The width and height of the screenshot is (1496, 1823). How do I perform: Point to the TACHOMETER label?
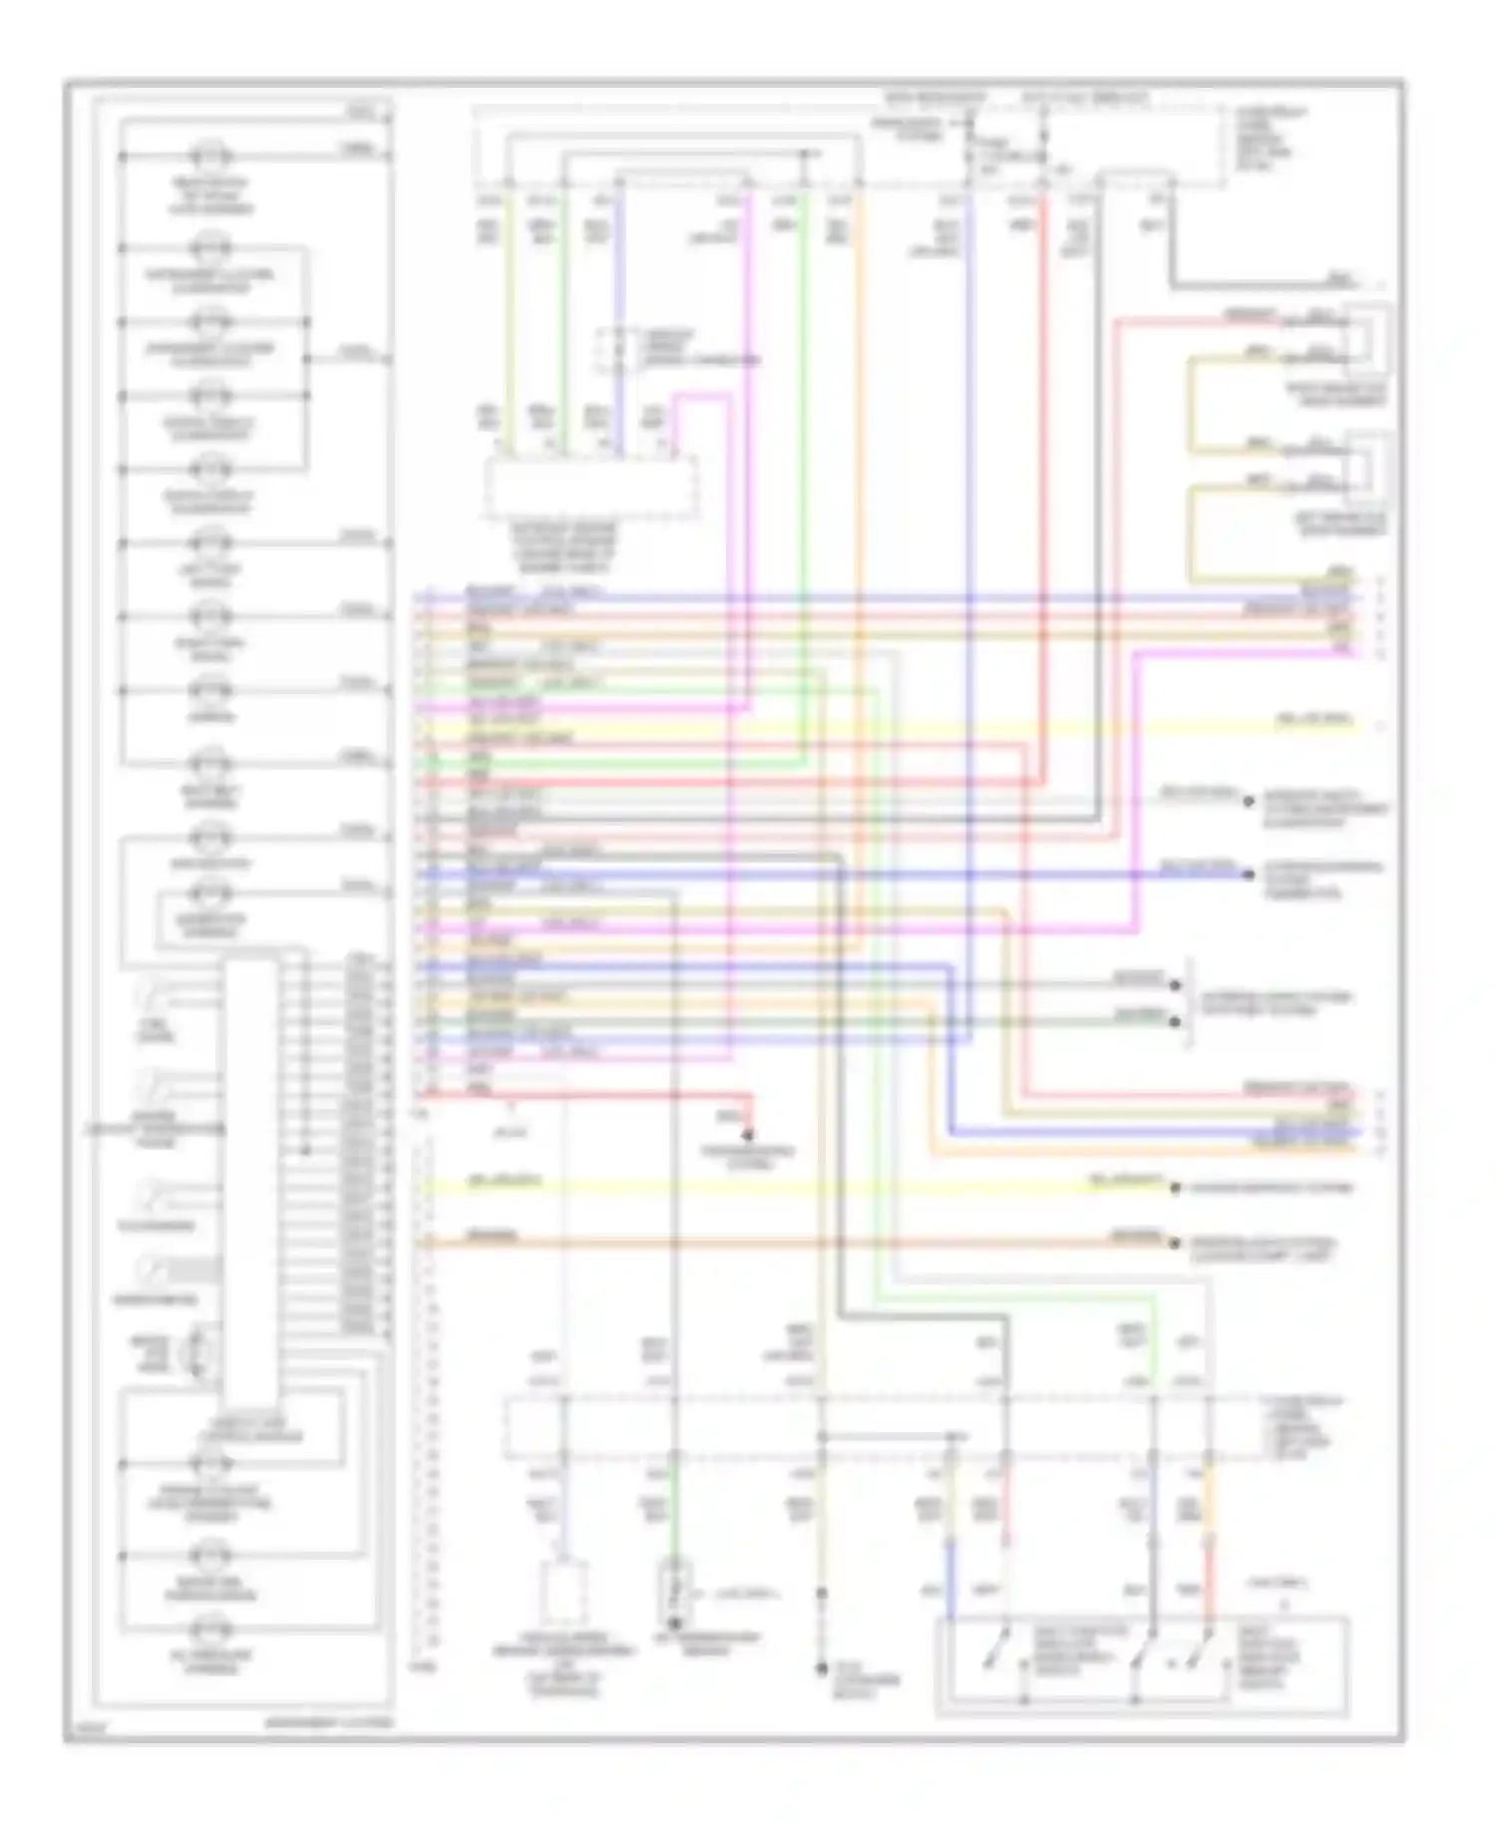[x=156, y=1226]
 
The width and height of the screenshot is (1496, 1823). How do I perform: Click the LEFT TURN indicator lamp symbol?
[x=211, y=545]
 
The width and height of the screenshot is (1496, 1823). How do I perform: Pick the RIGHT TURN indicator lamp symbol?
[x=211, y=617]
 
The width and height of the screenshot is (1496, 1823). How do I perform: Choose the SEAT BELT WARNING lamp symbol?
[x=211, y=766]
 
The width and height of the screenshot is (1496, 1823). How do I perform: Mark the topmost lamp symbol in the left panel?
[x=211, y=157]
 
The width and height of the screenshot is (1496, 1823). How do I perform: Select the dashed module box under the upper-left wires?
[x=590, y=488]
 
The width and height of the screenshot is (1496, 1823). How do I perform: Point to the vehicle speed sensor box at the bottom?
[x=563, y=1593]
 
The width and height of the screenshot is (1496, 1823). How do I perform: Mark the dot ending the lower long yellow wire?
[x=1175, y=1189]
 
